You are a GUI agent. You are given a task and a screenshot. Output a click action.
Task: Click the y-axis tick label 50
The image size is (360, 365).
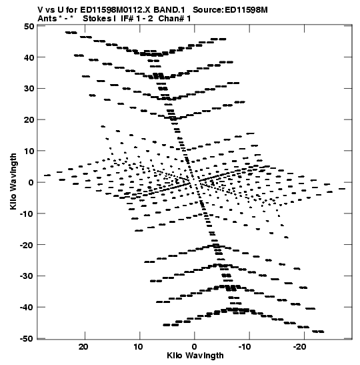pos(29,26)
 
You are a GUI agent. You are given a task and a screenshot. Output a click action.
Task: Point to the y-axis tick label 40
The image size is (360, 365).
pos(29,57)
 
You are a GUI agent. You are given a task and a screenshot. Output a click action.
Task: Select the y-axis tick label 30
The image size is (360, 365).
pos(29,89)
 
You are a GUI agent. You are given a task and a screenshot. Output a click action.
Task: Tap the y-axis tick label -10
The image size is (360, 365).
pos(27,214)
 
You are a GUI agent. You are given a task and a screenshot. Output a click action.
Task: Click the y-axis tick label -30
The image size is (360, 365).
pos(27,276)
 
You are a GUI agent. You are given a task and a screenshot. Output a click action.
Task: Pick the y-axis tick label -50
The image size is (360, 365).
pos(27,339)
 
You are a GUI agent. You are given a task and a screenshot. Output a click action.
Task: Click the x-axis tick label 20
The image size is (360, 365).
pos(83,347)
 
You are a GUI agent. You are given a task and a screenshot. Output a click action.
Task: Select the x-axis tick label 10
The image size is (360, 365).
pos(138,347)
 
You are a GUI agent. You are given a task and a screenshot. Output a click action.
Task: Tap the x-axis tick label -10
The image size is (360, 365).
pos(245,347)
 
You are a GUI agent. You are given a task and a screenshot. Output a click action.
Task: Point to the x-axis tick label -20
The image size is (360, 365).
pos(299,347)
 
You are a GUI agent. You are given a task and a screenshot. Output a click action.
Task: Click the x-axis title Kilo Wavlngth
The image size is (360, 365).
pos(195,356)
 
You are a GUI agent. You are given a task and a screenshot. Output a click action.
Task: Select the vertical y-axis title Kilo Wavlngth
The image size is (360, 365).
pos(13,181)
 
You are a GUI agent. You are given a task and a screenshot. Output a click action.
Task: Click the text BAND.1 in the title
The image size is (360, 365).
pos(169,10)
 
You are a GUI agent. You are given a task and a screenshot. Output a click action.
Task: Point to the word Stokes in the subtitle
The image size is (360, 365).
pos(97,19)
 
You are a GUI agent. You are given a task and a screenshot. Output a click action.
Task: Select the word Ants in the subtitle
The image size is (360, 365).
pos(47,19)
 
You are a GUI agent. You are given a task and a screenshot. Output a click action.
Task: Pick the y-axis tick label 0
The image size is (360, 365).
pos(31,182)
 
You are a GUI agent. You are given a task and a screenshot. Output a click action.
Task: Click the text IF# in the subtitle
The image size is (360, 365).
pos(127,19)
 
